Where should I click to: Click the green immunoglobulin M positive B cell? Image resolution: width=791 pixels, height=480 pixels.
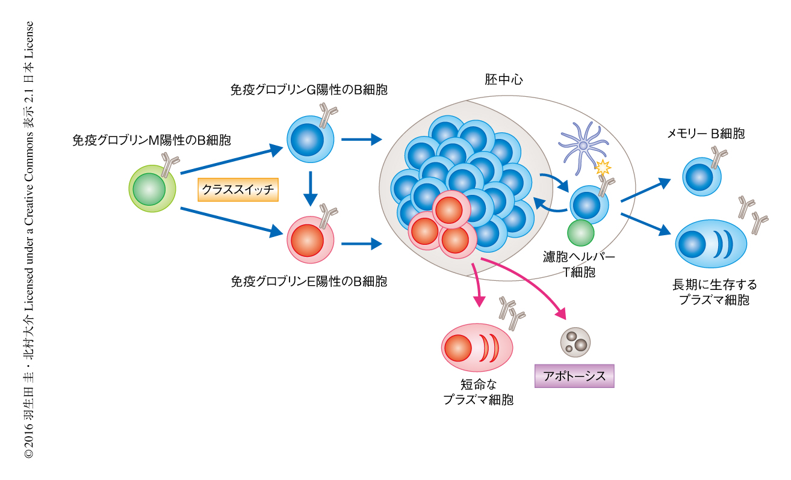pos(152,189)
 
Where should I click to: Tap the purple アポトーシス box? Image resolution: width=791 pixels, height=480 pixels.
pos(574,376)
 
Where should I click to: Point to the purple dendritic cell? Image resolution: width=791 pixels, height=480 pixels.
pos(582,144)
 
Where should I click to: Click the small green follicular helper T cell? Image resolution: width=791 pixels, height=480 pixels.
pos(580,233)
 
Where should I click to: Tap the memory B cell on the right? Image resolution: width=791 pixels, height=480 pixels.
pos(702,177)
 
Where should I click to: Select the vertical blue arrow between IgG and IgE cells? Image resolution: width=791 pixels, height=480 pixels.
pos(309,188)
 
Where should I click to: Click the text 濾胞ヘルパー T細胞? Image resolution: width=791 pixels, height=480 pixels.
pos(578,264)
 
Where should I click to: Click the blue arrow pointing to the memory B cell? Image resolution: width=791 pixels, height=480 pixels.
pos(645,190)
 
